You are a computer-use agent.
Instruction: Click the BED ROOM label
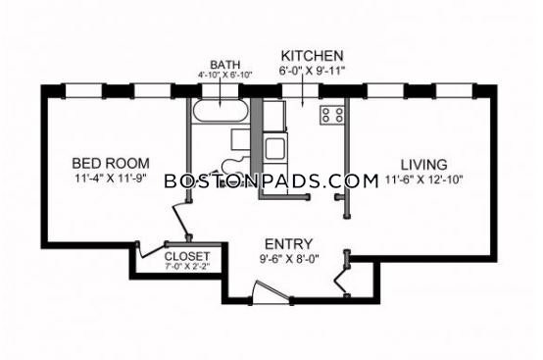[111, 163]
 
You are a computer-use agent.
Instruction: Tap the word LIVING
[423, 164]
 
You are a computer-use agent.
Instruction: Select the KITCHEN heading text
[312, 56]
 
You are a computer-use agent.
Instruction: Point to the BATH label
[225, 65]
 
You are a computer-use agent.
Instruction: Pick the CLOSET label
[187, 256]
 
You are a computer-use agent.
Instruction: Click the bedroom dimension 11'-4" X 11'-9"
[111, 179]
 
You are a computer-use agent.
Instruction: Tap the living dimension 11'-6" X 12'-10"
[424, 180]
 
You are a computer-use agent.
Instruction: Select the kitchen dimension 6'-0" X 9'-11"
[313, 71]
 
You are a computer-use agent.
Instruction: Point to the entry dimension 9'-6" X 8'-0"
[289, 259]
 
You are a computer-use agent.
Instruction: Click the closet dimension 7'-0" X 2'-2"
[187, 267]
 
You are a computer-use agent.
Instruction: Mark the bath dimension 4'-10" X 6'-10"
[225, 75]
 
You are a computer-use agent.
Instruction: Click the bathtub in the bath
[221, 111]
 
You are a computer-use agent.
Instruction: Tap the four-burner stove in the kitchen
[332, 116]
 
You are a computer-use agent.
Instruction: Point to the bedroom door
[181, 221]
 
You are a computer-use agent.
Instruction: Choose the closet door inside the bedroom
[152, 250]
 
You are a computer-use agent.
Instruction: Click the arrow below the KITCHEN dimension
[303, 91]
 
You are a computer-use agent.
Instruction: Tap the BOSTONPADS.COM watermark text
[271, 181]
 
